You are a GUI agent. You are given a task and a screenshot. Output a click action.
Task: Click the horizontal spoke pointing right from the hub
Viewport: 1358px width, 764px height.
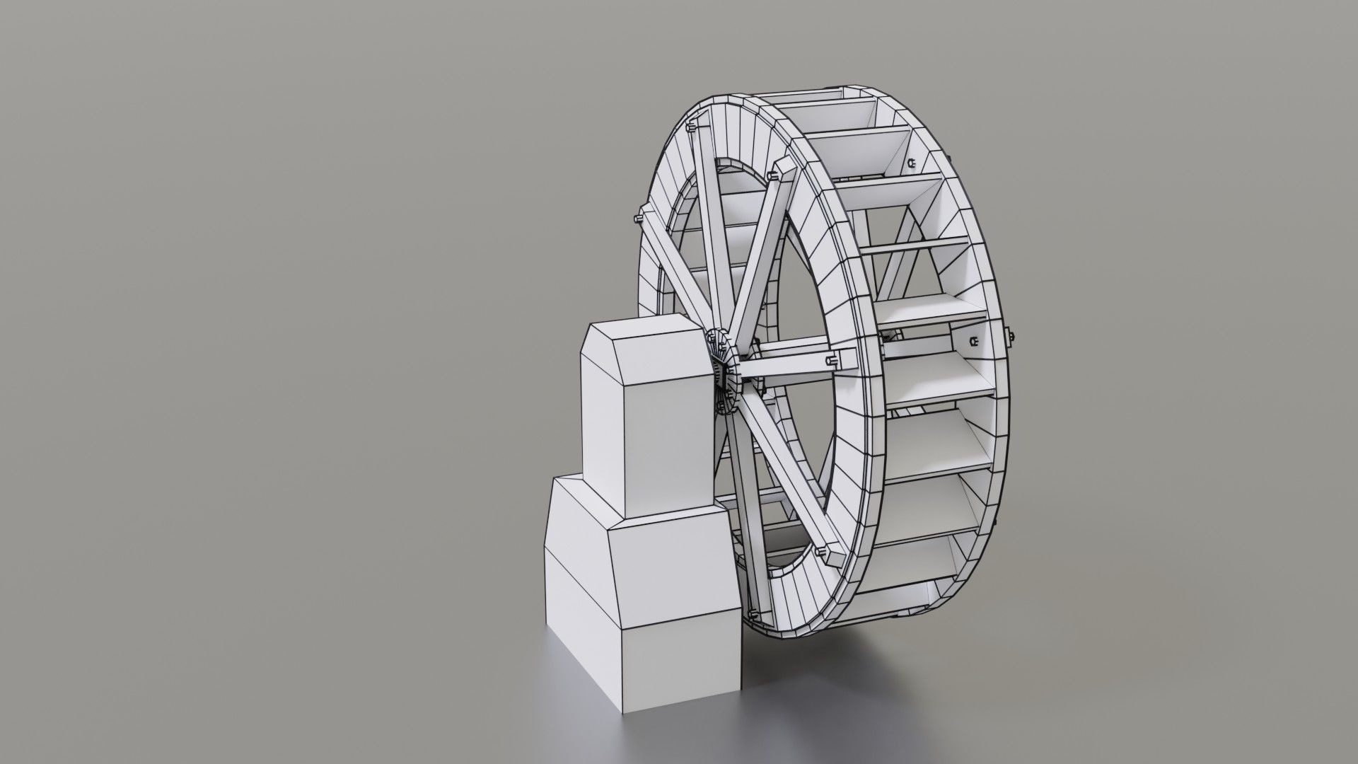[x=785, y=365]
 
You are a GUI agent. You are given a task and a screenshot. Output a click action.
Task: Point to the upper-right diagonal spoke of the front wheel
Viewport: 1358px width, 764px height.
[x=757, y=255]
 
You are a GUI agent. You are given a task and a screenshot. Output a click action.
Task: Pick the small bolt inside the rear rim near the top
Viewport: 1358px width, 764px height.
[x=912, y=165]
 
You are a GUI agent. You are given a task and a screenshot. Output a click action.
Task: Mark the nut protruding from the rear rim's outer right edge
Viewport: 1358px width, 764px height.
[x=1011, y=338]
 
